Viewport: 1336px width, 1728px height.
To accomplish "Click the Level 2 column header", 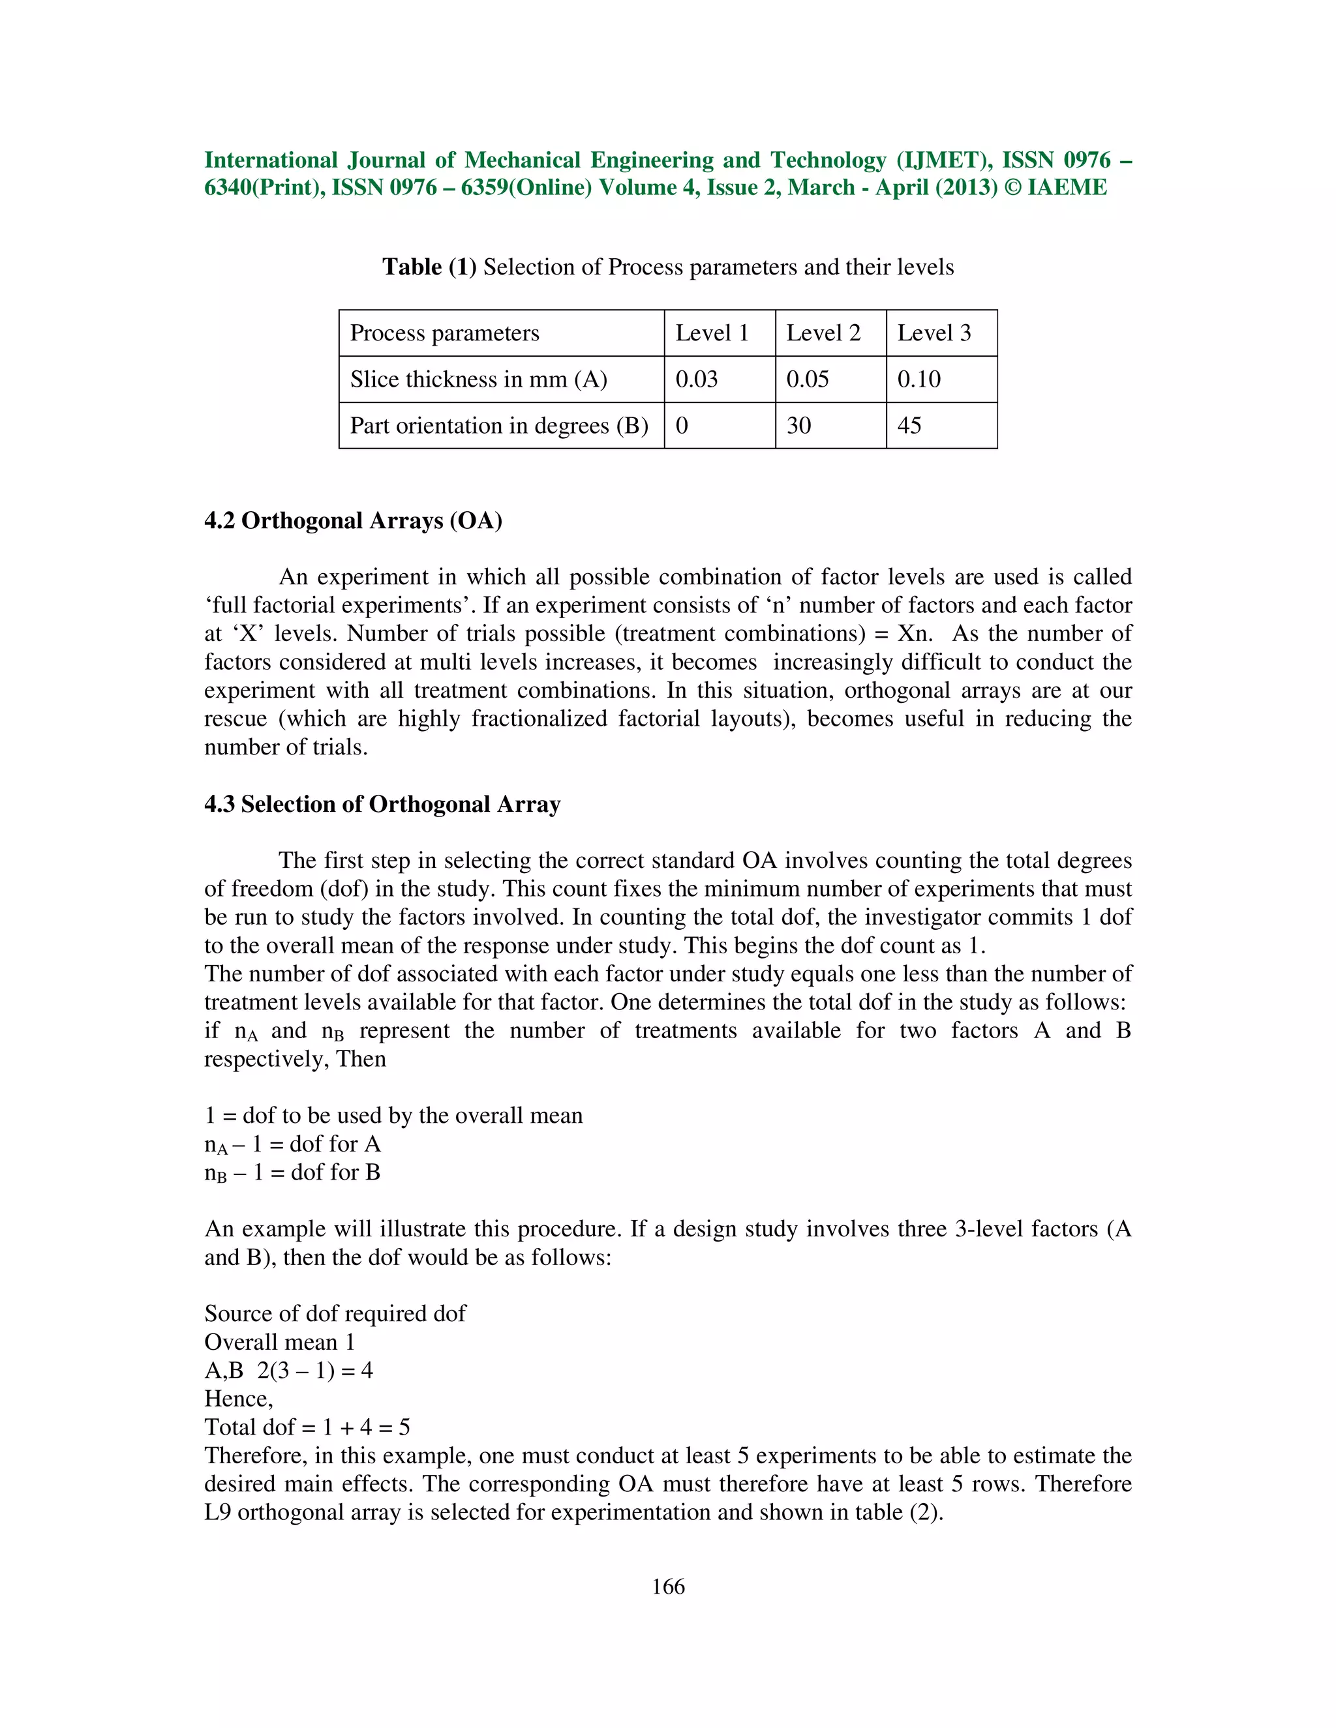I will coord(823,333).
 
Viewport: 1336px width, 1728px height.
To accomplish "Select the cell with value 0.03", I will coord(697,379).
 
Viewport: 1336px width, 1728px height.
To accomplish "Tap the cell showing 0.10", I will coord(919,379).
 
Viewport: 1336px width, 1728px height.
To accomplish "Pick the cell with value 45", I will coord(909,426).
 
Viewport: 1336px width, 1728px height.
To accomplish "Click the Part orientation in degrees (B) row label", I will coord(498,426).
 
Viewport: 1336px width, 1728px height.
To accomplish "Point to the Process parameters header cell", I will coord(444,333).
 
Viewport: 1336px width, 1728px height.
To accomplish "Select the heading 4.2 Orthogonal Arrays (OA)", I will coord(353,520).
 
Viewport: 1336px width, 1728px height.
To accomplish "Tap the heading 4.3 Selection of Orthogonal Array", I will coord(382,804).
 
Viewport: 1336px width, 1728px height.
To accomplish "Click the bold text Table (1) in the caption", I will coord(429,267).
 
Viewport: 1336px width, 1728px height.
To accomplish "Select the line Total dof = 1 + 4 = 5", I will coord(307,1427).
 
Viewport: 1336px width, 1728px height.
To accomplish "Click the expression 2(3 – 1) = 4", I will coord(315,1371).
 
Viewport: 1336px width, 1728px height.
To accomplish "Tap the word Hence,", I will coord(238,1399).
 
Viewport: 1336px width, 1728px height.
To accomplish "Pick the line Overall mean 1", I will coord(279,1342).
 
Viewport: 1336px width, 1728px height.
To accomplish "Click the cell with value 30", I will coord(798,426).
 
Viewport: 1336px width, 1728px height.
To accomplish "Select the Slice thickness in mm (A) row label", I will coord(478,379).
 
